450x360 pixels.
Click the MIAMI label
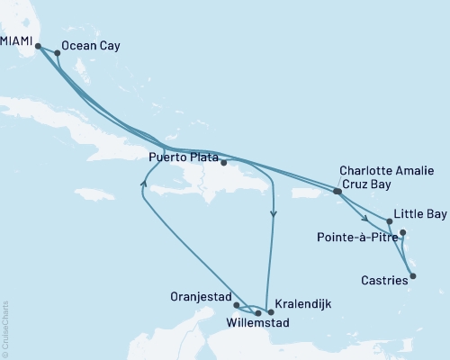[17, 19]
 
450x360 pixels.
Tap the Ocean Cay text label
[90, 44]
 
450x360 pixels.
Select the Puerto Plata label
[184, 155]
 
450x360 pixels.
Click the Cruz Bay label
[364, 183]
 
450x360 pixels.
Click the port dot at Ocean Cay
[58, 52]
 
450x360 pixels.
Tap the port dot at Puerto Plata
[223, 163]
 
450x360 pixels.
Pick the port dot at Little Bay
[389, 220]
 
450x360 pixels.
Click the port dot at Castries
[413, 276]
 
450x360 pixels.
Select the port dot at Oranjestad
[236, 306]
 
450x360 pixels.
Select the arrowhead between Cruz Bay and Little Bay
[364, 218]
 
